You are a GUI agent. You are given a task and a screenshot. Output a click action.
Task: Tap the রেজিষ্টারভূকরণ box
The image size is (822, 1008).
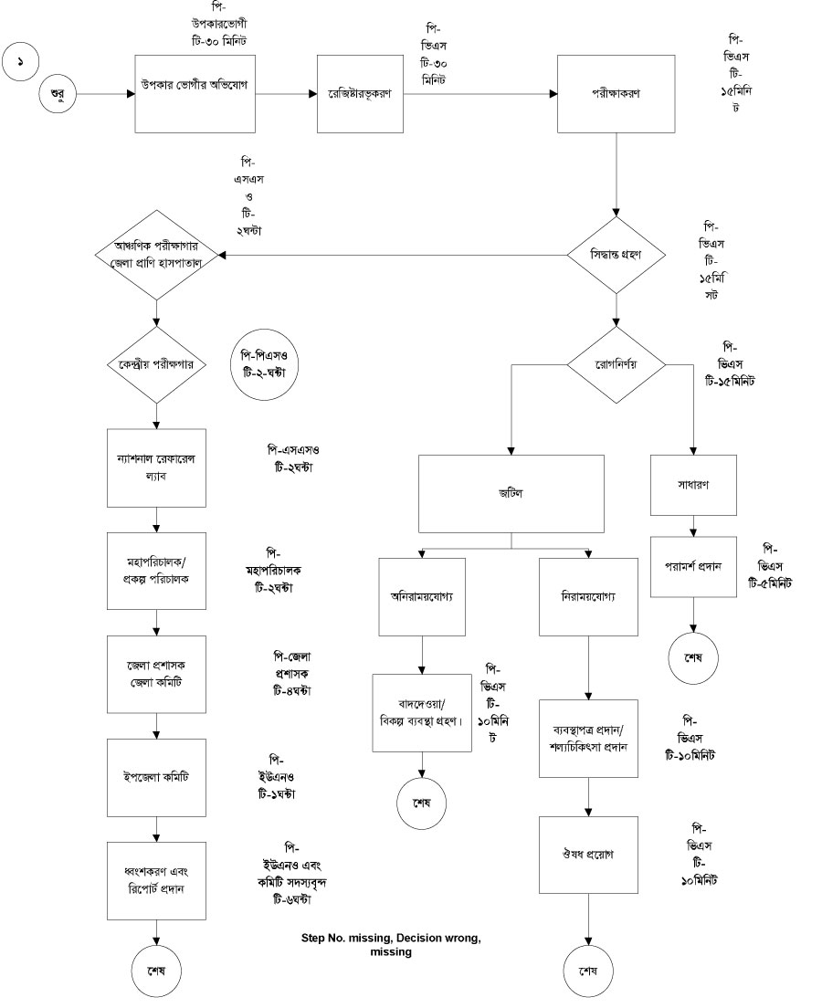coord(359,94)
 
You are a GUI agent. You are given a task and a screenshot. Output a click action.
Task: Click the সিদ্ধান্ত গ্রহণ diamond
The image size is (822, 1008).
coord(616,255)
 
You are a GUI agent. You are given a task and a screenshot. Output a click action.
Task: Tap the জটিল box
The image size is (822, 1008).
coord(511,493)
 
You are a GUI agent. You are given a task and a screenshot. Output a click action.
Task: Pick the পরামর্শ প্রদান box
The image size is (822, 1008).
coord(694,566)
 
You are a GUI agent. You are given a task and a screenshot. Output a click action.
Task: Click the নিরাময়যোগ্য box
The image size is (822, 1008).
coord(589,595)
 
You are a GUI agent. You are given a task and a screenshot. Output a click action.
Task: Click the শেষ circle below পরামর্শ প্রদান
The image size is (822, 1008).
coord(694,659)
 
